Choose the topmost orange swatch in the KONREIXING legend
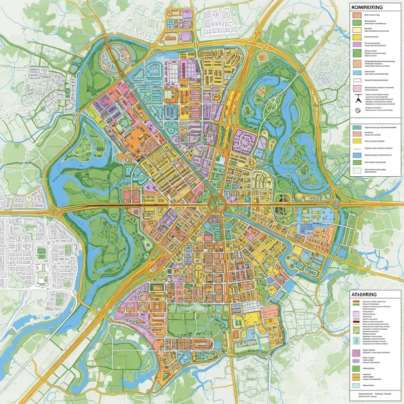point(357,15)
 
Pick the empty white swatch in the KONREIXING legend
point(357,80)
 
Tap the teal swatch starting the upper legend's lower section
point(357,128)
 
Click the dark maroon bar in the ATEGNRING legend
point(357,322)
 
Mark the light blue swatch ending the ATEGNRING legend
point(357,385)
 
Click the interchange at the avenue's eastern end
point(335,205)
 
